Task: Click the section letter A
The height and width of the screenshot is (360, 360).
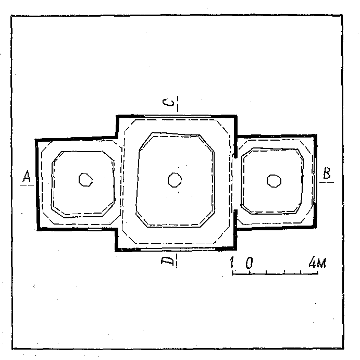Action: tap(27, 176)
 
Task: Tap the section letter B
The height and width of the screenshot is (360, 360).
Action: tap(327, 173)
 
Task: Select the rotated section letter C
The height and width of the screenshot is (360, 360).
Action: tap(168, 103)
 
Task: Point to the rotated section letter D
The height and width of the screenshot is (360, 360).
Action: tap(167, 261)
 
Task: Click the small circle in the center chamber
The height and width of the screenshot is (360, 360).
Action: tap(175, 180)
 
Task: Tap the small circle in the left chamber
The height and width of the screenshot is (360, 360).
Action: tap(85, 180)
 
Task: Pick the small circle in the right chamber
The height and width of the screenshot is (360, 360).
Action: tap(274, 181)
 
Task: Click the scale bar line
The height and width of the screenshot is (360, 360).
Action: tap(275, 274)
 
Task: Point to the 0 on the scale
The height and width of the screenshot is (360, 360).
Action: tap(250, 263)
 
